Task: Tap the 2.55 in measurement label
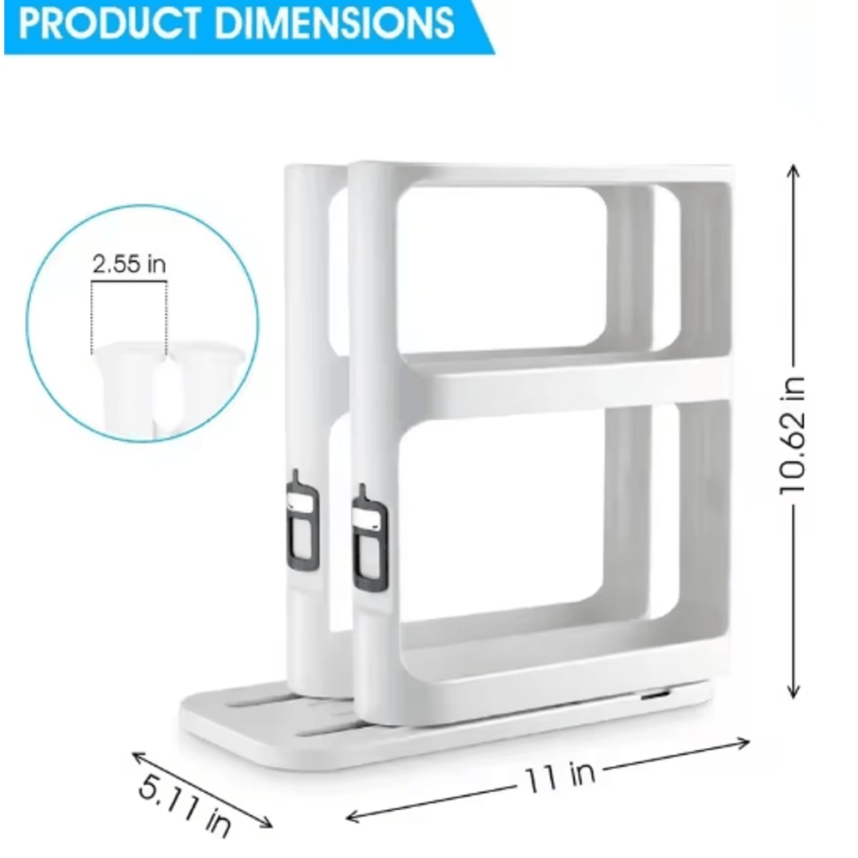click(x=130, y=264)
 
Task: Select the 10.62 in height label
click(x=794, y=433)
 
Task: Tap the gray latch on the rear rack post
click(x=301, y=523)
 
